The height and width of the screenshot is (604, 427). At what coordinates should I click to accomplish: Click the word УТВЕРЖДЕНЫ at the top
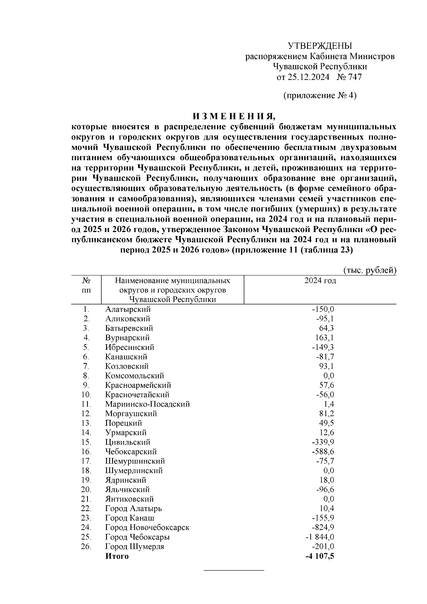320,46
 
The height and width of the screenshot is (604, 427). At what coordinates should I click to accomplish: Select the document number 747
354,77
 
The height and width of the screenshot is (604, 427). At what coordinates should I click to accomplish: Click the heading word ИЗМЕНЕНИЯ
234,116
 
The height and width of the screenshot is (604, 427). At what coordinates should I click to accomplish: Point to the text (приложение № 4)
320,96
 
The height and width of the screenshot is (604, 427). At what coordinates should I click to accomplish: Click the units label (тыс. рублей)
370,271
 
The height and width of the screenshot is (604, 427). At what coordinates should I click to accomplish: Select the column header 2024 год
320,281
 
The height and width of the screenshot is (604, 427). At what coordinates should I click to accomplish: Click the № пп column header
86,285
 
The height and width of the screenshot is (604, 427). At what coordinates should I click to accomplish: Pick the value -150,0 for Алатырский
323,309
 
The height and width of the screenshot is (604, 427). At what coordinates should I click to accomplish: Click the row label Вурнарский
127,338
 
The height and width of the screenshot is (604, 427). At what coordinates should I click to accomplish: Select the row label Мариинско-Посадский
147,404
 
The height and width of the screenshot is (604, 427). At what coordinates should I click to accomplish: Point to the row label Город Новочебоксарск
147,527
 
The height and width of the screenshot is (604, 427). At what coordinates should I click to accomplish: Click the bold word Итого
117,556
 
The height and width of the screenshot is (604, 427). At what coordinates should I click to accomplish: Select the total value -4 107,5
320,556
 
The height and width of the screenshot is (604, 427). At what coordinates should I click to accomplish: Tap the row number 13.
86,423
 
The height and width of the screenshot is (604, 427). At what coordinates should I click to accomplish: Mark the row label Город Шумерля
135,546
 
